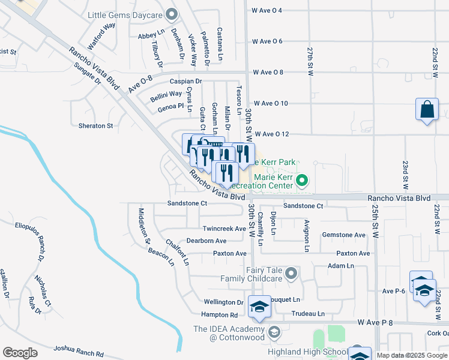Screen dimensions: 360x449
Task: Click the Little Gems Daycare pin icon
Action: pyautogui.click(x=172, y=14)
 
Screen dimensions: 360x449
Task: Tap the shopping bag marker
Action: pyautogui.click(x=427, y=110)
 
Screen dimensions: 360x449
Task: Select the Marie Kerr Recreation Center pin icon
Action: pyautogui.click(x=303, y=180)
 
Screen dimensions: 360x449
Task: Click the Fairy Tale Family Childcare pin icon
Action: pyautogui.click(x=292, y=274)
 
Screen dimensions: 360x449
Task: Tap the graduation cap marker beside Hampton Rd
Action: pyautogui.click(x=259, y=308)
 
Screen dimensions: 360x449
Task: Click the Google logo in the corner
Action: pyautogui.click(x=20, y=353)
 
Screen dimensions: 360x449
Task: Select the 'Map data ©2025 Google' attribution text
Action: pyautogui.click(x=412, y=355)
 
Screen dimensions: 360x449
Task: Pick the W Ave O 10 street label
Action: pyautogui.click(x=270, y=103)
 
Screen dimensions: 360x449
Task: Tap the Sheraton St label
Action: pyautogui.click(x=96, y=126)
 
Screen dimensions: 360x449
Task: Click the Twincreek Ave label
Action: pyautogui.click(x=224, y=229)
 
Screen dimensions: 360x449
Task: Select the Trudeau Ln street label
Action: pyautogui.click(x=307, y=314)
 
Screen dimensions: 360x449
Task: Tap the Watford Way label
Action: pyautogui.click(x=101, y=36)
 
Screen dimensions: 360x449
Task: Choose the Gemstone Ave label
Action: pyautogui.click(x=344, y=235)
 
